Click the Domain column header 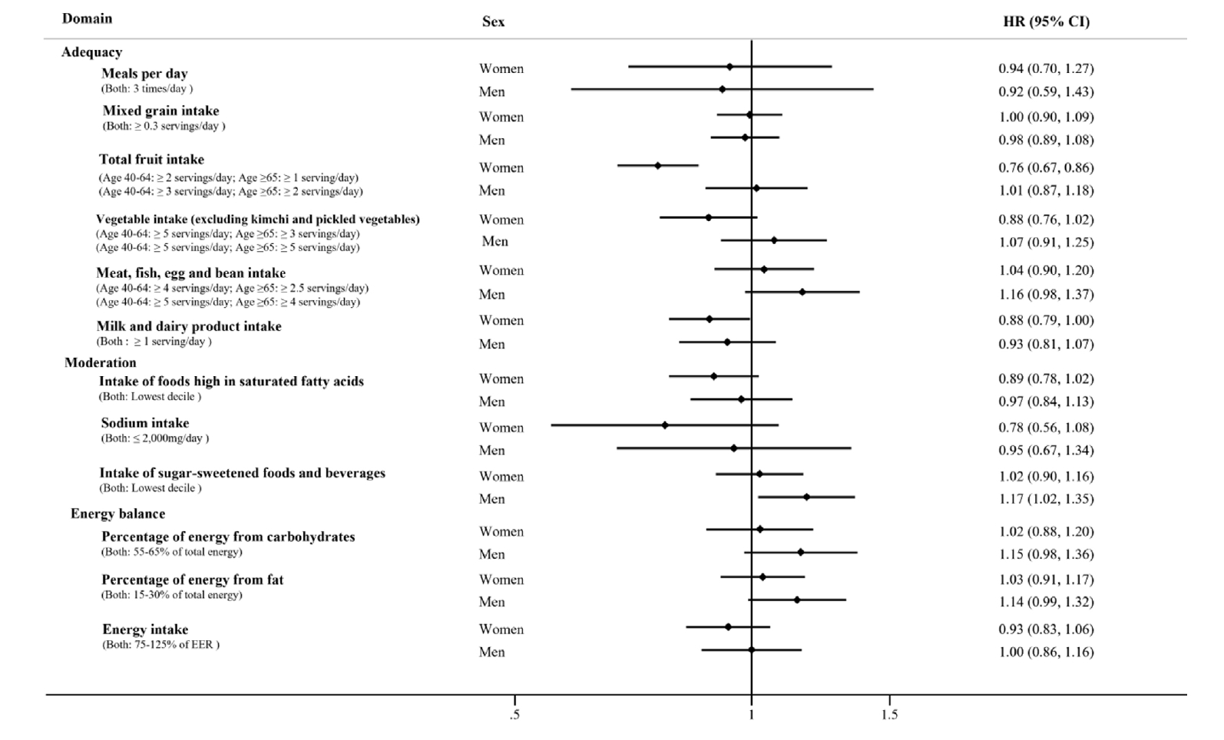point(87,18)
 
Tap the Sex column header point(493,21)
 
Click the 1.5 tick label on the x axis point(889,715)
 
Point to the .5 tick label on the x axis point(514,715)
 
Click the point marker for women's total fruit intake point(657,165)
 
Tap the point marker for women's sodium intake point(664,425)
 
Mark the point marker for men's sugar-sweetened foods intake point(806,497)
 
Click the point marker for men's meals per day point(722,89)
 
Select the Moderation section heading point(101,362)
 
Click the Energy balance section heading point(117,514)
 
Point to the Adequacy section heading point(91,52)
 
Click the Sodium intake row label point(145,423)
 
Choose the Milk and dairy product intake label point(189,326)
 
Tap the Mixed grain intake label point(161,111)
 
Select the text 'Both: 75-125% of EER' point(160,645)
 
